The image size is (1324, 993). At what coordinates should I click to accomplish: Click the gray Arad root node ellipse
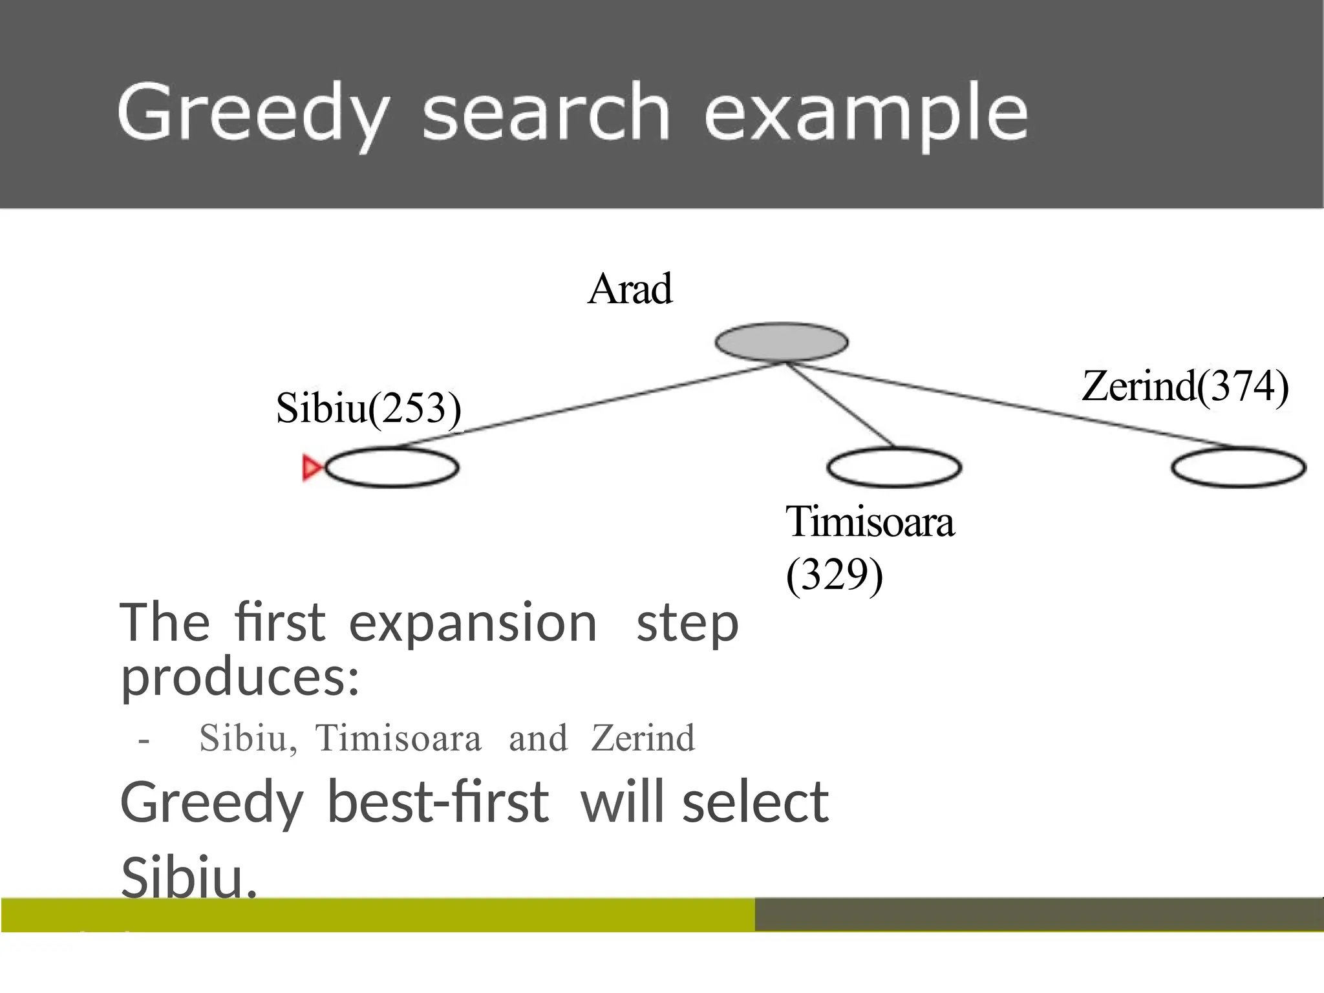(781, 342)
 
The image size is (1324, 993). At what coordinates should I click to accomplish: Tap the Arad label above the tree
(630, 288)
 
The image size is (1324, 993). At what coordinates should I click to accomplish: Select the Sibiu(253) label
(368, 408)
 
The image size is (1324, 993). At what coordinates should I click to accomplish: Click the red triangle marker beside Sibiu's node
(312, 467)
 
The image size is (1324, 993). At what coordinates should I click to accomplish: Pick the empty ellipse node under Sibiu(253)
(392, 467)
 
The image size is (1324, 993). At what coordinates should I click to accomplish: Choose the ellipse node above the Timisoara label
(894, 467)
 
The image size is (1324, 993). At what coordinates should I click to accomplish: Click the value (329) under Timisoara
(834, 574)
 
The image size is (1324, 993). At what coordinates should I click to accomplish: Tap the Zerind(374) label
(1185, 386)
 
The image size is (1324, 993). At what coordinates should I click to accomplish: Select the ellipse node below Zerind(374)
(1239, 467)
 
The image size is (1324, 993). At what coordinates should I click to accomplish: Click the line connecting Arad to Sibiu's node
(582, 405)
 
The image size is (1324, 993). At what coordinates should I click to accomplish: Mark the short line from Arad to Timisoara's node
(840, 405)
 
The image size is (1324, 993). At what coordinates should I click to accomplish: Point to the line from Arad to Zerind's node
(1009, 405)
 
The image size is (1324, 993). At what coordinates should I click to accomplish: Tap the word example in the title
(866, 114)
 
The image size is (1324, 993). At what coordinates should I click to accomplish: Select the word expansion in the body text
(473, 622)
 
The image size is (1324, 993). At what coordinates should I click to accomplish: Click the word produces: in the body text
(240, 678)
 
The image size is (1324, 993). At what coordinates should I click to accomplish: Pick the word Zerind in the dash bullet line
(643, 738)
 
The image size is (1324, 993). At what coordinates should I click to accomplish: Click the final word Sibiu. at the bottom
(189, 877)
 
